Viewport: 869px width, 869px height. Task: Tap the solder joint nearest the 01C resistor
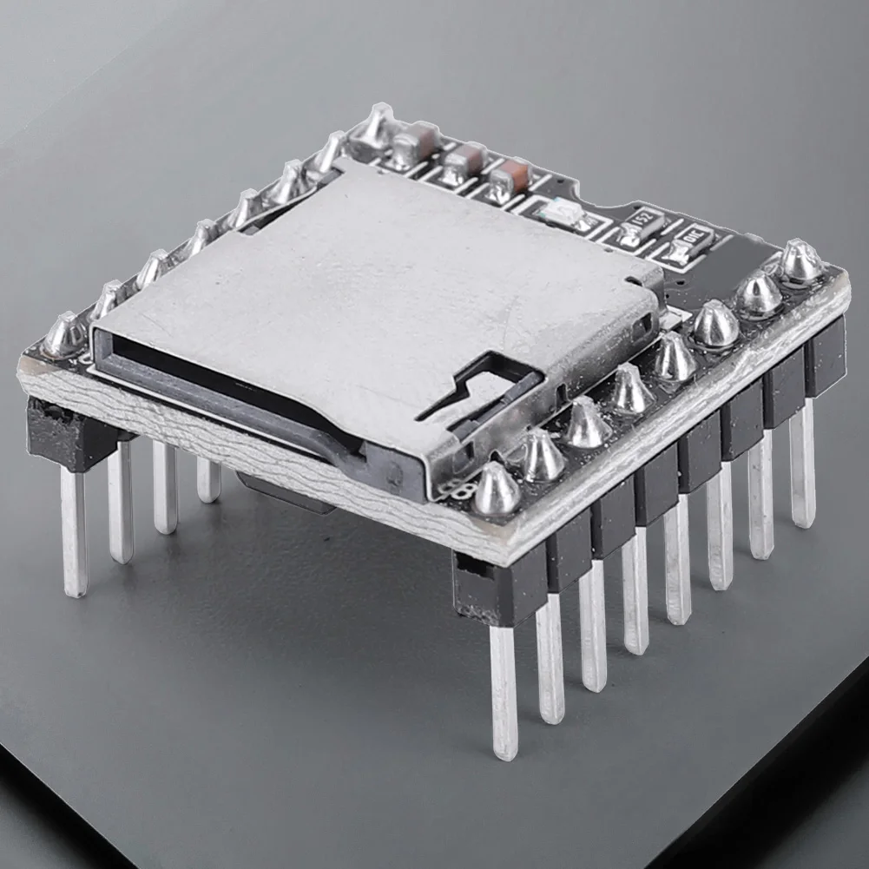click(x=800, y=262)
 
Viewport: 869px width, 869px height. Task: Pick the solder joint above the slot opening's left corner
click(x=66, y=335)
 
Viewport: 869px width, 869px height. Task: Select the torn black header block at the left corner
click(x=65, y=431)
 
